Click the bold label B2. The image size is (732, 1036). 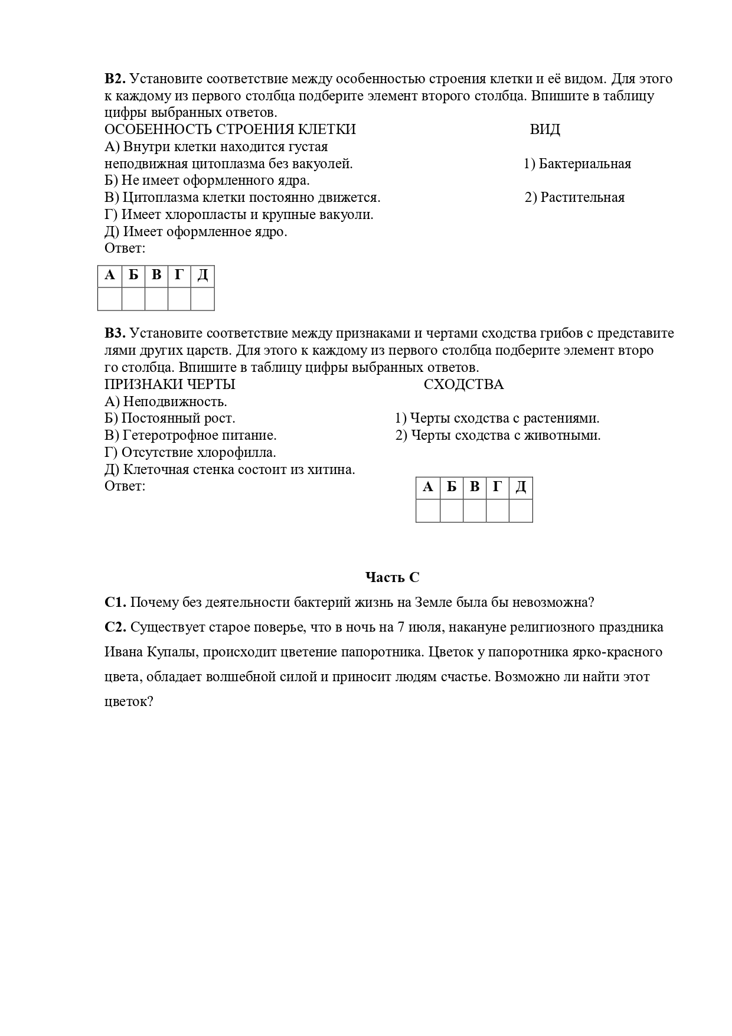(x=115, y=79)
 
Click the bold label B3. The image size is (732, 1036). (x=115, y=334)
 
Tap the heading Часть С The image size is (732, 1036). (x=392, y=577)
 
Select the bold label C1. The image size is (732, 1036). (x=115, y=603)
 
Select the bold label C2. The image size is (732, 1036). (x=116, y=628)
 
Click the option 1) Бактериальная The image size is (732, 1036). (x=577, y=164)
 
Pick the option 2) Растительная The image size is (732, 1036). (x=575, y=198)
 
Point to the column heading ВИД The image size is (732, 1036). (x=545, y=130)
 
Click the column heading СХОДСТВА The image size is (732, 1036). (x=463, y=385)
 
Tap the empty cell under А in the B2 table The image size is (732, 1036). (x=110, y=299)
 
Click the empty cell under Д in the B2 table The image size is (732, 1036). (x=202, y=299)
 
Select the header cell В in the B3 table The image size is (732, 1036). (x=475, y=488)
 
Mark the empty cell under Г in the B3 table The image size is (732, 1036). (x=498, y=511)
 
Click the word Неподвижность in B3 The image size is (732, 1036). (x=175, y=402)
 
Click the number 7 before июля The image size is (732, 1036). (x=401, y=628)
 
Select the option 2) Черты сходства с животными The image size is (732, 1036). (x=498, y=436)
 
